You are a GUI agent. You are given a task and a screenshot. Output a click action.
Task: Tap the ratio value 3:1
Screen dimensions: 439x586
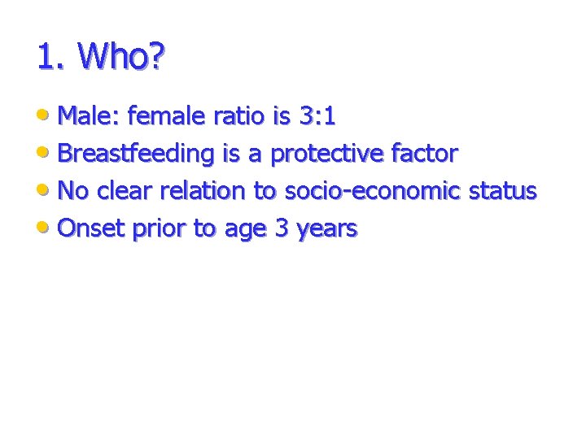click(x=317, y=117)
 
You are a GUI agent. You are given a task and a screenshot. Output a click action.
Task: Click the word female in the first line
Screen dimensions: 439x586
click(x=167, y=117)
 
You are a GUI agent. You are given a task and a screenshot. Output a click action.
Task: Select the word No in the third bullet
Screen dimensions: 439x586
click(x=72, y=191)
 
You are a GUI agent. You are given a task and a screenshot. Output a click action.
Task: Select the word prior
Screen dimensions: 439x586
click(x=159, y=228)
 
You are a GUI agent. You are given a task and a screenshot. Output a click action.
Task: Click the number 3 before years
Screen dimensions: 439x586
click(x=282, y=228)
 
